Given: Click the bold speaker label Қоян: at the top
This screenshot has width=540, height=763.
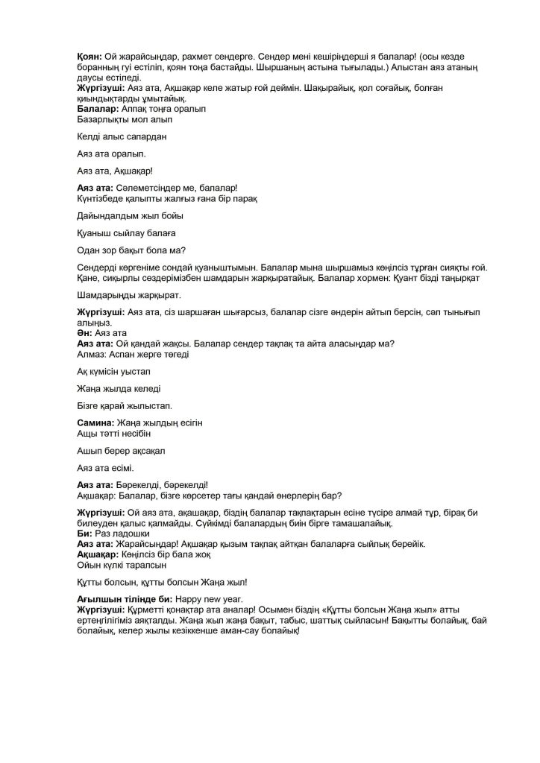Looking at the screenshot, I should [90, 57].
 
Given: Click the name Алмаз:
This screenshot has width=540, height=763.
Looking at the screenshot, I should [92, 354].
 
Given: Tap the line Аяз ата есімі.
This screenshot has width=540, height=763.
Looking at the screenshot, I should [105, 468].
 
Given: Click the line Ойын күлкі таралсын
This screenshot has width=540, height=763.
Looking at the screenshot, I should [119, 565].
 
